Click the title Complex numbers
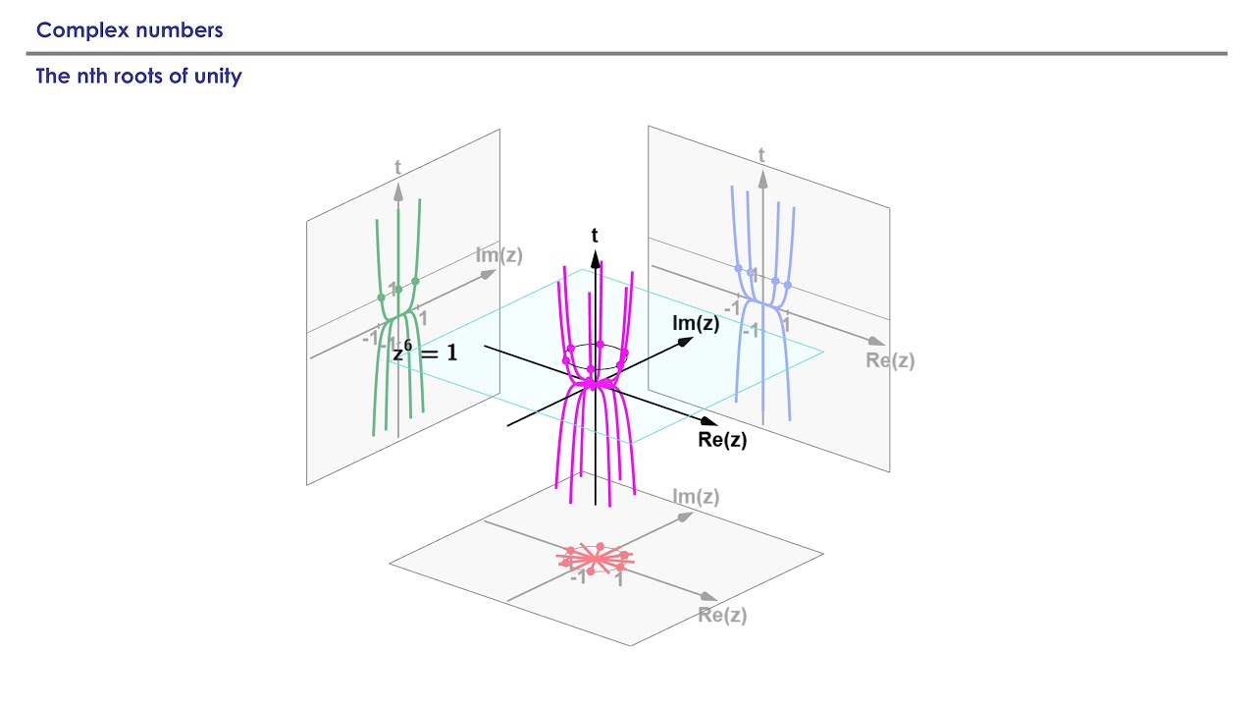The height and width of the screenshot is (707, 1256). coord(130,30)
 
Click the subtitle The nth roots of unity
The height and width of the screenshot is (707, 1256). coord(138,76)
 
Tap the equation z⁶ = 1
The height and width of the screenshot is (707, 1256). coord(425,352)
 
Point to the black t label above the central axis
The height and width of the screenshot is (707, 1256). coord(595,235)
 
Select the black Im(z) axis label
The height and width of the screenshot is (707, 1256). coord(696,323)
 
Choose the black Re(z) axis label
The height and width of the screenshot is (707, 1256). coord(722,439)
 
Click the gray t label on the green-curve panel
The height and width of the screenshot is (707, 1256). coord(397,167)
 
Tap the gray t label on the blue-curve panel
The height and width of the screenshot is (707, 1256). coord(761,155)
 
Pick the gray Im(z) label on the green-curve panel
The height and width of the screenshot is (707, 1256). coord(499,255)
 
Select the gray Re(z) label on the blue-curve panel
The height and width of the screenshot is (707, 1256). coord(890,360)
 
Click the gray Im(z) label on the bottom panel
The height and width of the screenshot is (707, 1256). coord(696,497)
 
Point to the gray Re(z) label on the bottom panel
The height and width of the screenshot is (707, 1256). coord(722,615)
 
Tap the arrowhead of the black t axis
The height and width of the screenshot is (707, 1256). coord(596,259)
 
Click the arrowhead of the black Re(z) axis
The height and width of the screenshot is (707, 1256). coord(709,421)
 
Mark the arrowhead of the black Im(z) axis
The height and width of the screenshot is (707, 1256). coord(686,341)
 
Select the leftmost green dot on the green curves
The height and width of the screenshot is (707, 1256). coord(382,298)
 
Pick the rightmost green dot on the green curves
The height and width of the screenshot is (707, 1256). coord(415,281)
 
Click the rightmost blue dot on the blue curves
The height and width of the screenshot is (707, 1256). coord(788,286)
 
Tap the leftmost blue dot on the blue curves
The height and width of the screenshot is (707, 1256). coord(739,268)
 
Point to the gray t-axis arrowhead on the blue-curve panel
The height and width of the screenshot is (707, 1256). coord(762,179)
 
